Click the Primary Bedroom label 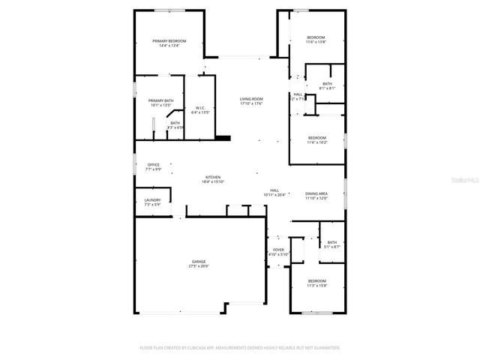pos(169,40)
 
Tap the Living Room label pos(250,99)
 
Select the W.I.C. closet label pos(200,108)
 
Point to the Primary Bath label pos(160,100)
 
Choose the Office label pos(153,165)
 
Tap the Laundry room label pos(152,199)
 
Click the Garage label pos(199,262)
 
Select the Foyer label pos(278,250)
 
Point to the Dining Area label pos(316,193)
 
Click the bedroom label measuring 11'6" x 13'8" pos(316,37)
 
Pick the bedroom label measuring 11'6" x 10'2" pos(316,137)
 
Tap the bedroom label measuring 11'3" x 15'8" pos(316,280)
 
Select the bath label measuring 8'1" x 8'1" pos(327,84)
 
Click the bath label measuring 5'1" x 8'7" pos(331,242)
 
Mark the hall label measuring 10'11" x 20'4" pos(274,190)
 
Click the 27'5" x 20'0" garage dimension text pos(199,266)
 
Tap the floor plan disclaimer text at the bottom pos(240,348)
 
